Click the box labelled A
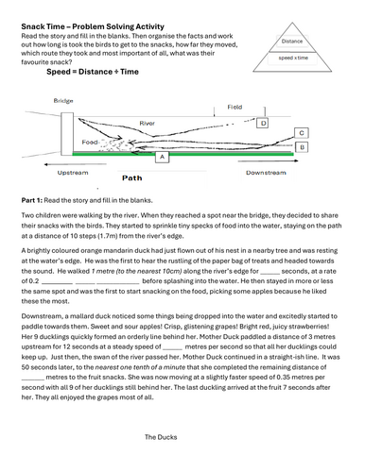pos(162,158)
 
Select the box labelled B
pos(301,148)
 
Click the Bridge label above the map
pos(64,99)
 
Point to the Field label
pos(235,108)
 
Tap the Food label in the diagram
pos(91,143)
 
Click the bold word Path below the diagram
pos(132,177)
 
